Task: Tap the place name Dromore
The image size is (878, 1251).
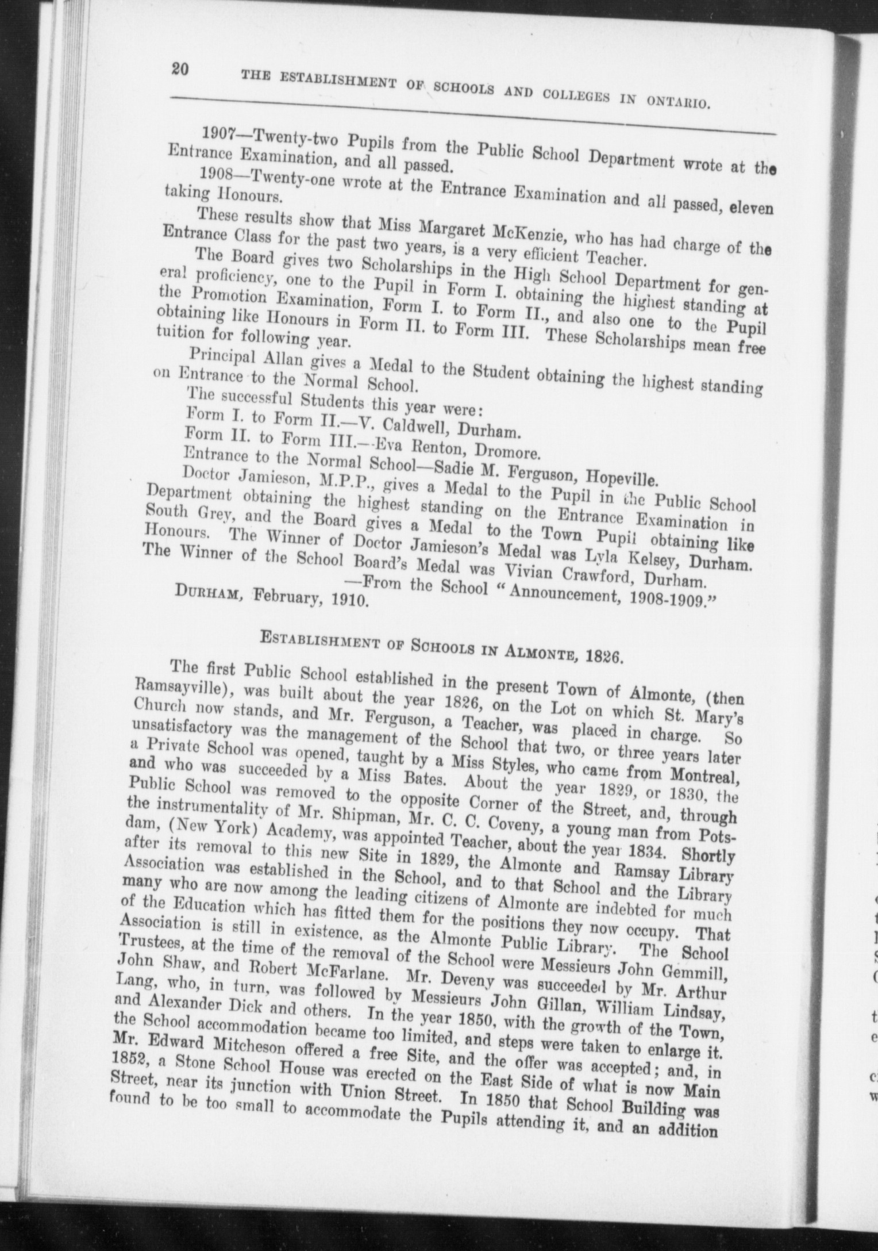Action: [x=507, y=453]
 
